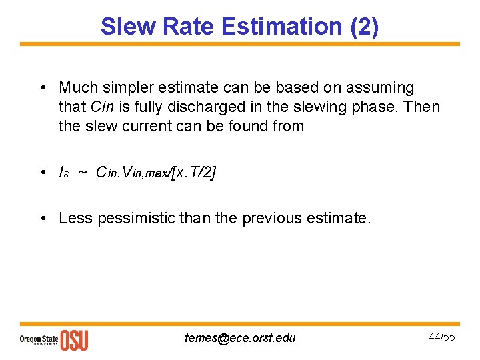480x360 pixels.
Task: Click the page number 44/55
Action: pos(441,337)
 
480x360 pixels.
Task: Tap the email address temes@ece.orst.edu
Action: pos(240,337)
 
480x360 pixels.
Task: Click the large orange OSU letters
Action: pos(74,339)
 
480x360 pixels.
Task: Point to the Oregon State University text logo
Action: pos(39,339)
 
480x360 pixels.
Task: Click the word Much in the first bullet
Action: pos(77,87)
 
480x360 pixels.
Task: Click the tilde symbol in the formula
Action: pos(82,172)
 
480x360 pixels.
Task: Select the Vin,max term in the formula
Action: pos(141,173)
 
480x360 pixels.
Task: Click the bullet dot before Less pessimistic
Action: pos(43,218)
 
